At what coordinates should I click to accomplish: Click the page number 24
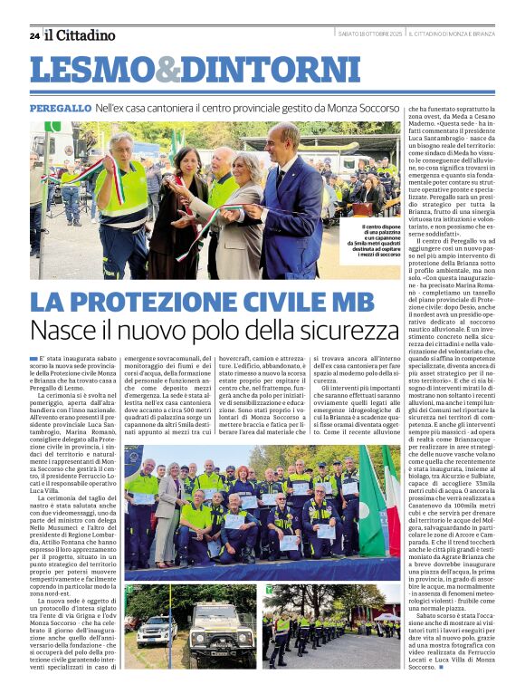[34, 35]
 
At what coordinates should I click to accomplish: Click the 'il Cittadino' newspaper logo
[81, 35]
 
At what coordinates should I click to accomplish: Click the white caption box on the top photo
[371, 241]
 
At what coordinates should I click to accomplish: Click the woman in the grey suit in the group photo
[167, 507]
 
